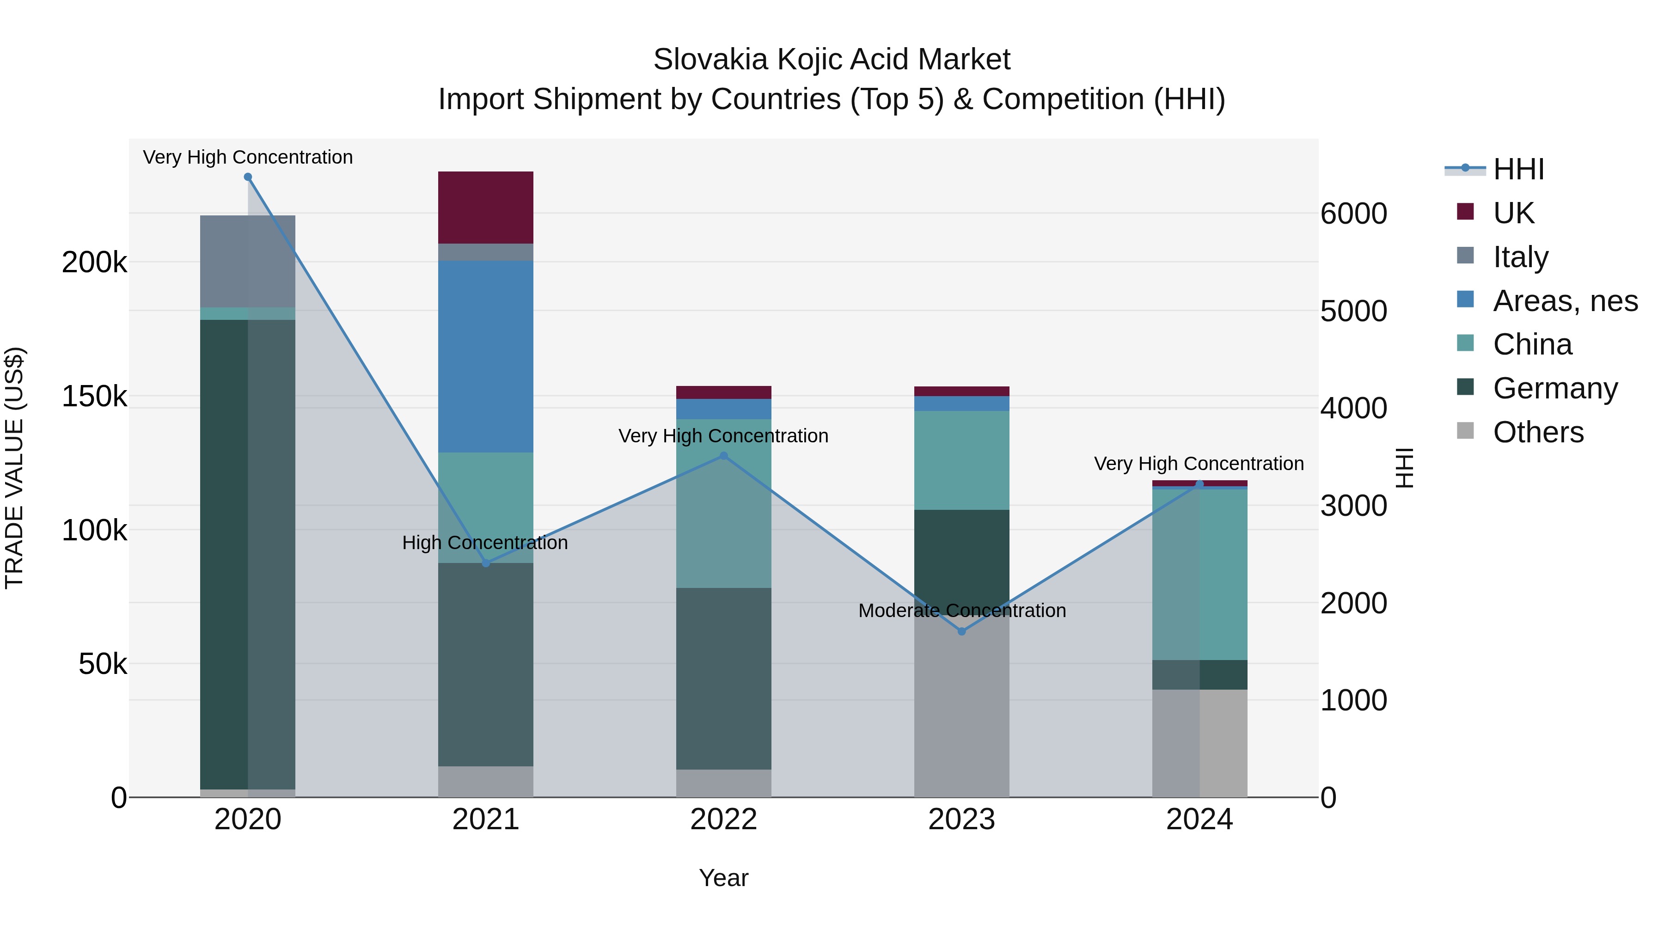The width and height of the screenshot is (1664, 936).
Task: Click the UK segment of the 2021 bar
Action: [486, 208]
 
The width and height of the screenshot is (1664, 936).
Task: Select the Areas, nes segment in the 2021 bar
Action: [486, 356]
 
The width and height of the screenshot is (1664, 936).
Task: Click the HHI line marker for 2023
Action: [962, 631]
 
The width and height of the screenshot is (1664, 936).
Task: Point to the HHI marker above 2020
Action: [248, 177]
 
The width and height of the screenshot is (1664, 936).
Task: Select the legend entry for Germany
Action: [1555, 388]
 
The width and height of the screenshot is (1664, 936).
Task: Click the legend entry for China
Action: [1532, 344]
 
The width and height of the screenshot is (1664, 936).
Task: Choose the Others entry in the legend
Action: [1538, 432]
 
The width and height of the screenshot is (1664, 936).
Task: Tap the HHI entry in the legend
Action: [1518, 169]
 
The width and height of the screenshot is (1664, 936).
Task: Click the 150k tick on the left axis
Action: [94, 397]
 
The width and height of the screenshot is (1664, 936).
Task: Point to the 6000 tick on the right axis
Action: [1353, 214]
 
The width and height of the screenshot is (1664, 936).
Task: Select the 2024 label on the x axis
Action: [1199, 820]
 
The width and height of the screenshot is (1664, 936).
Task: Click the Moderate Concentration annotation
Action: [962, 611]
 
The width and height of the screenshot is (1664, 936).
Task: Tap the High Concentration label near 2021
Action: [485, 543]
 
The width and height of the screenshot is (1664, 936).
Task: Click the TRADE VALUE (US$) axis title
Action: [14, 468]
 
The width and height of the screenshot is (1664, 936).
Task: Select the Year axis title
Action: [723, 878]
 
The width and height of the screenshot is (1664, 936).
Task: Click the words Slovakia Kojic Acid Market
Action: [832, 60]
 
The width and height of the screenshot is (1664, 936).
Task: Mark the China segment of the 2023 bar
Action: [962, 460]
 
